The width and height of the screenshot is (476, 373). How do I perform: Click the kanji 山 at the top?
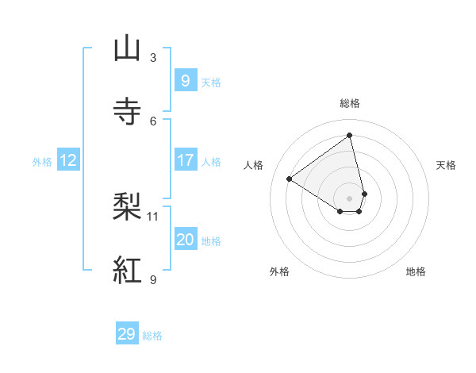pyautogui.click(x=128, y=48)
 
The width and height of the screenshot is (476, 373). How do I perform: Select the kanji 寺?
pyautogui.click(x=128, y=112)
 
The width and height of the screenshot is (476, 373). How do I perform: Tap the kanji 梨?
pyautogui.click(x=128, y=207)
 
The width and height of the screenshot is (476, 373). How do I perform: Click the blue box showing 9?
pyautogui.click(x=185, y=80)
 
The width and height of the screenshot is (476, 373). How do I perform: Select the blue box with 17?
pyautogui.click(x=185, y=160)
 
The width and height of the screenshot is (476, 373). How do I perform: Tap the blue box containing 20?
pyautogui.click(x=185, y=240)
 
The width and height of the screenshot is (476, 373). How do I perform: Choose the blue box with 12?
pyautogui.click(x=67, y=160)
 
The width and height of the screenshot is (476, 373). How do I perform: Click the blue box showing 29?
pyautogui.click(x=127, y=334)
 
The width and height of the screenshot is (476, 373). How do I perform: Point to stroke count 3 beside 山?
pyautogui.click(x=153, y=58)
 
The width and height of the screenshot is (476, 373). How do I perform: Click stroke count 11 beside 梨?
pyautogui.click(x=153, y=216)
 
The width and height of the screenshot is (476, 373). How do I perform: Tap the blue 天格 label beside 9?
pyautogui.click(x=211, y=83)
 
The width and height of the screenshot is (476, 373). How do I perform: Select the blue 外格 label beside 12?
pyautogui.click(x=42, y=162)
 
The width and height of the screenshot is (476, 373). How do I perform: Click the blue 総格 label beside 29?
pyautogui.click(x=152, y=336)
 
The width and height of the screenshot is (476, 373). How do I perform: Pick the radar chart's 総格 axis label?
pyautogui.click(x=350, y=103)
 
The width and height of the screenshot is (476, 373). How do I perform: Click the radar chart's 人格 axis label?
pyautogui.click(x=254, y=165)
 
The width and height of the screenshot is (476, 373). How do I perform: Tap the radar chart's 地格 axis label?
pyautogui.click(x=416, y=271)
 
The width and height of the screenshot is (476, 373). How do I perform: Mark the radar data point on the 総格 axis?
pyautogui.click(x=349, y=136)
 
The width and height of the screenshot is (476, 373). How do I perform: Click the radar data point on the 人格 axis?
pyautogui.click(x=289, y=179)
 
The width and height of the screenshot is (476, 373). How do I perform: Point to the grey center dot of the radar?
pyautogui.click(x=350, y=198)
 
